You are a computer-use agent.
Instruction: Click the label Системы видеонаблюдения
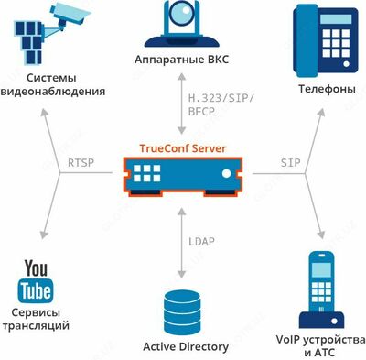coord(52,85)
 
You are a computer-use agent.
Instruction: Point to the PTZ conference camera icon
coord(183,26)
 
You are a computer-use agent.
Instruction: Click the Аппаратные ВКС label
coord(183,60)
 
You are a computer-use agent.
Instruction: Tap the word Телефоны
coord(327,90)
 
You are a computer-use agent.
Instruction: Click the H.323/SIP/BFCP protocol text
coord(221,104)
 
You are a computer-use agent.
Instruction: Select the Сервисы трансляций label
coord(35,318)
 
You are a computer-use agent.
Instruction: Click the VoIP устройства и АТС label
coord(320,345)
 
